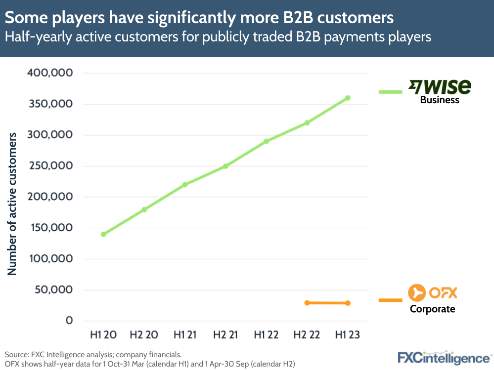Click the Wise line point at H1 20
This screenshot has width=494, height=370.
103,234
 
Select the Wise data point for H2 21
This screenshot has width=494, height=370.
225,166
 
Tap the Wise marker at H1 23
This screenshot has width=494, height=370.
348,98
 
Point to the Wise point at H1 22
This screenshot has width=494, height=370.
266,141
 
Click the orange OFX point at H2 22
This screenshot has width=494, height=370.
307,303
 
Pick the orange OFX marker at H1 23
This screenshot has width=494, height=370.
348,303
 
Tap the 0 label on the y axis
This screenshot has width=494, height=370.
69,321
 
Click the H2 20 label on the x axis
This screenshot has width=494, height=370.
144,335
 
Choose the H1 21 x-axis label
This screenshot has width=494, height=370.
185,335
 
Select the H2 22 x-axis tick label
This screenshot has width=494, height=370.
307,335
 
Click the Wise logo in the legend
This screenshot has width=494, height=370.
439,87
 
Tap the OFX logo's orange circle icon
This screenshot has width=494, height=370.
416,293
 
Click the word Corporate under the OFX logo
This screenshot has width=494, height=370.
432,309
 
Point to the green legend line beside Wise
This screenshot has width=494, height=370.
391,91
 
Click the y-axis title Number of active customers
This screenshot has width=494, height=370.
12,204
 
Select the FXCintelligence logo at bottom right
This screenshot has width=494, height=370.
444,357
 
